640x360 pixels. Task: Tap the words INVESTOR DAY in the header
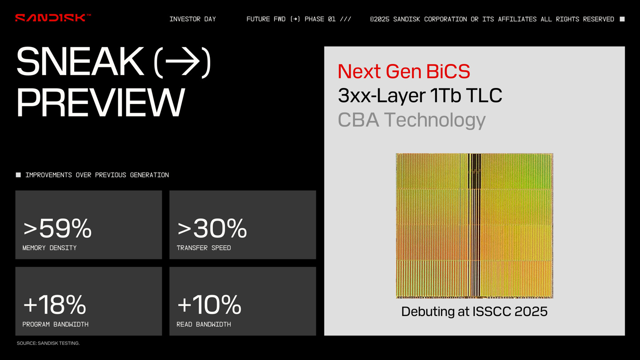click(x=192, y=19)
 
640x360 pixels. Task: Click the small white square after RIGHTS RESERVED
click(x=622, y=19)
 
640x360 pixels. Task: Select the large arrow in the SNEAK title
click(x=182, y=61)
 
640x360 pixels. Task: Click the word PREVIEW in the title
click(x=100, y=103)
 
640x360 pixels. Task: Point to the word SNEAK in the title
click(x=80, y=61)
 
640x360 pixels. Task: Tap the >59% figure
click(x=57, y=228)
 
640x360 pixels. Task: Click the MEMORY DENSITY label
click(x=49, y=248)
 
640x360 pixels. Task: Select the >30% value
click(x=212, y=228)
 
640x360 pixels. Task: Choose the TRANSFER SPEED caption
click(x=204, y=248)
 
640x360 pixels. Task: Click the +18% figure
click(x=55, y=304)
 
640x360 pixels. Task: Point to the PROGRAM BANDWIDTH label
click(x=56, y=324)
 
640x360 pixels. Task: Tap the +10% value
click(x=209, y=304)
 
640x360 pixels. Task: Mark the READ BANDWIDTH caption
click(x=204, y=324)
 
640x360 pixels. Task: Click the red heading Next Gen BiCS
click(x=404, y=71)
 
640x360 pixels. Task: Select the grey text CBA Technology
click(x=412, y=120)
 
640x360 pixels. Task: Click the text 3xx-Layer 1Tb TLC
click(x=420, y=96)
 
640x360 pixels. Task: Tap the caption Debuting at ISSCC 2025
click(x=474, y=312)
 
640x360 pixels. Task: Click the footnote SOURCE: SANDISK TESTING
click(x=48, y=343)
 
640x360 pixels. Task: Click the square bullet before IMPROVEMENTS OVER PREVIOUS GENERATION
click(x=18, y=175)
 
